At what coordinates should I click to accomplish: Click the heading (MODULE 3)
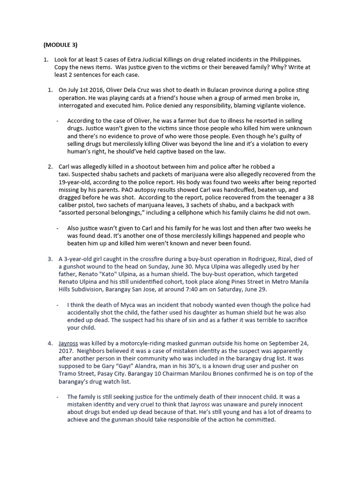60,45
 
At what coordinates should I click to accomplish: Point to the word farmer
178,120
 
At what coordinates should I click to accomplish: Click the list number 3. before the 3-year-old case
50,259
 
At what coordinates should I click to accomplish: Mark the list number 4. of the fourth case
50,343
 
